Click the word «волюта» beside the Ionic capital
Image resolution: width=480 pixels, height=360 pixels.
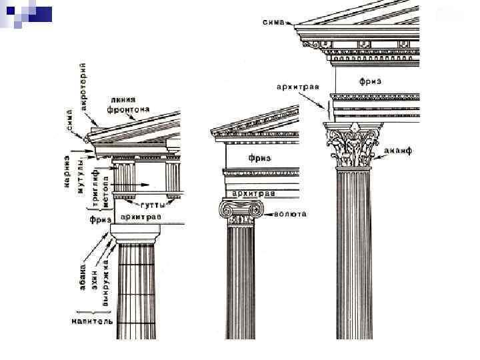click(292, 215)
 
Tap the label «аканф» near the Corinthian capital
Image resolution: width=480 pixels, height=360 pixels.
click(399, 151)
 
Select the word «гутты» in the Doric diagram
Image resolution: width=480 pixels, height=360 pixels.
click(153, 205)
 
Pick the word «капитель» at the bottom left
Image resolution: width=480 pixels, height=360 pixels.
click(93, 321)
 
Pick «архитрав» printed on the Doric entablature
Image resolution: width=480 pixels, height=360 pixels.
click(142, 217)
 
